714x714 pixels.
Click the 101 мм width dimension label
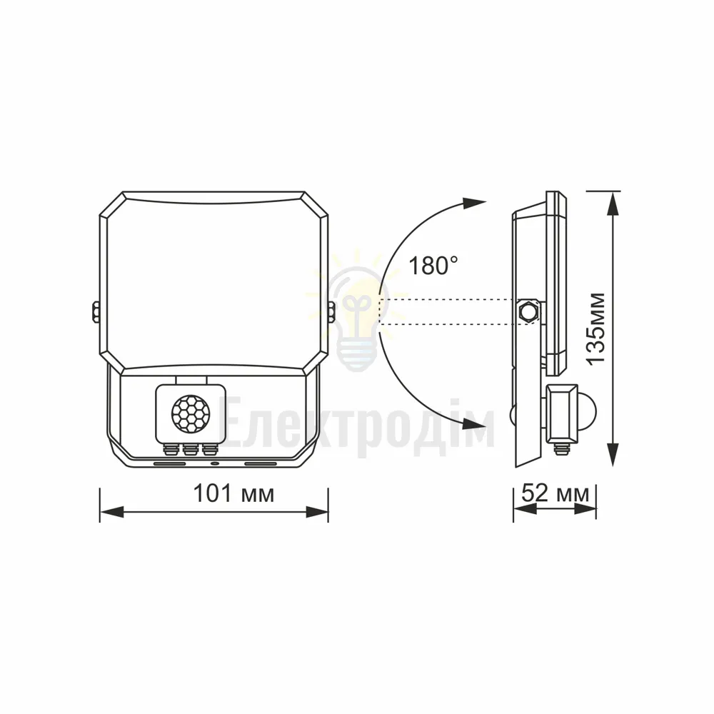click(x=233, y=493)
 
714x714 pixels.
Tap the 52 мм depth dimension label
click(x=555, y=493)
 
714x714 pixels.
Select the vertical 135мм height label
click(x=595, y=328)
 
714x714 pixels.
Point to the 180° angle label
click(x=434, y=265)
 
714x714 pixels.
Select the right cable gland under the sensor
click(x=209, y=449)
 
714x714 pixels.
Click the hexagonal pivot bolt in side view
click(x=528, y=311)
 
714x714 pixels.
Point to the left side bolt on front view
click(x=96, y=312)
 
